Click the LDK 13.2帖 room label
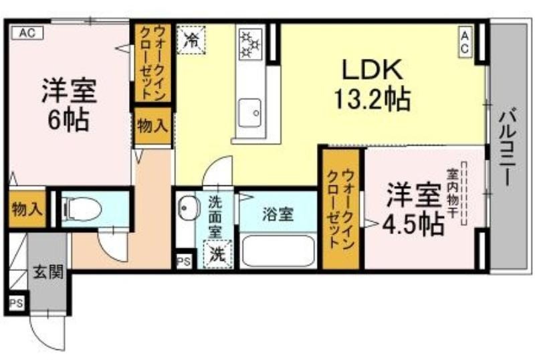click(x=372, y=84)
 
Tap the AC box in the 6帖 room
click(x=27, y=33)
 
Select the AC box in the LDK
click(x=465, y=41)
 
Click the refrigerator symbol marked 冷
click(x=191, y=39)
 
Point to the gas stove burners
click(x=250, y=43)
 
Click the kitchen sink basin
click(x=249, y=112)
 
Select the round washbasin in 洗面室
click(x=189, y=207)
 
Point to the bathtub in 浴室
click(x=278, y=251)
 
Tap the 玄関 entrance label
click(x=48, y=272)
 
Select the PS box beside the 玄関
click(x=16, y=303)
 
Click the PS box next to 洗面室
click(x=184, y=262)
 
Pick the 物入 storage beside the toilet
click(x=27, y=209)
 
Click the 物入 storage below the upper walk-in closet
click(x=152, y=126)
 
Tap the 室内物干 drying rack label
click(x=453, y=193)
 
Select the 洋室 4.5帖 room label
click(x=414, y=209)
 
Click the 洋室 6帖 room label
click(x=69, y=105)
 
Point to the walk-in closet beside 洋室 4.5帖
click(x=341, y=208)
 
